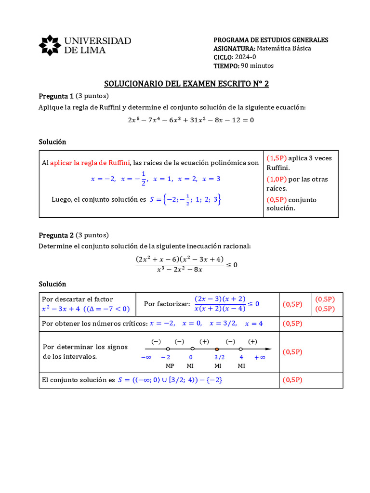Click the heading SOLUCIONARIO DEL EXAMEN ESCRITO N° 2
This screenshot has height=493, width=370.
(186, 84)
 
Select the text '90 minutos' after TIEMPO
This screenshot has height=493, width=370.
(257, 66)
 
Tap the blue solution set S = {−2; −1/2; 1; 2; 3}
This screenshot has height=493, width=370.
(185, 199)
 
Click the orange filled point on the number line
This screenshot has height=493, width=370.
(217, 349)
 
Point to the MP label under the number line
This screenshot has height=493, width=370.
(170, 366)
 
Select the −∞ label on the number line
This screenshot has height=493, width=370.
(146, 357)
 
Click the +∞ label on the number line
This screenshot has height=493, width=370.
(260, 357)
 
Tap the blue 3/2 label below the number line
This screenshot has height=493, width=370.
(219, 357)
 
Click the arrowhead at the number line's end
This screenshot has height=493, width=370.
(268, 349)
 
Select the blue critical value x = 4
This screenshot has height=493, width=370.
(254, 324)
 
